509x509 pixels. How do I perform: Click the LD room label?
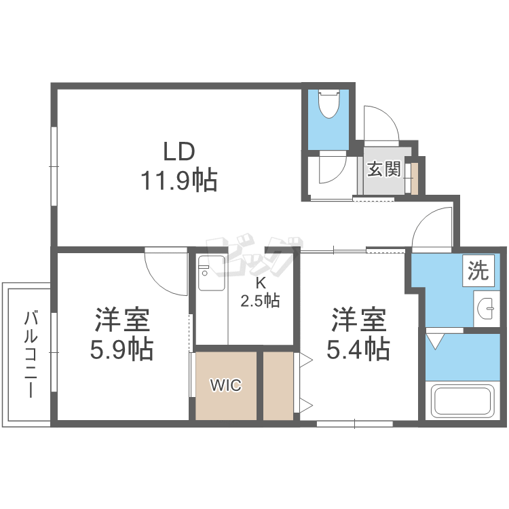(178, 150)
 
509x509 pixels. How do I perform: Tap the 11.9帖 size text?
(178, 181)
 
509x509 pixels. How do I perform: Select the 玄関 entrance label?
(383, 168)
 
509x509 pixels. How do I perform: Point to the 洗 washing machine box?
(478, 271)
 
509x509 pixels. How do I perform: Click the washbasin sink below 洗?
(486, 309)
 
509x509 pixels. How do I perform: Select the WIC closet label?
(225, 385)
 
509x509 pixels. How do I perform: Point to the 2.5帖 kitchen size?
(260, 300)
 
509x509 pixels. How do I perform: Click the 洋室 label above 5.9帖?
(121, 319)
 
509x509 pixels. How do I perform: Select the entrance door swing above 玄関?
(380, 126)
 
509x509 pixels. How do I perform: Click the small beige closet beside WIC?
(278, 385)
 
